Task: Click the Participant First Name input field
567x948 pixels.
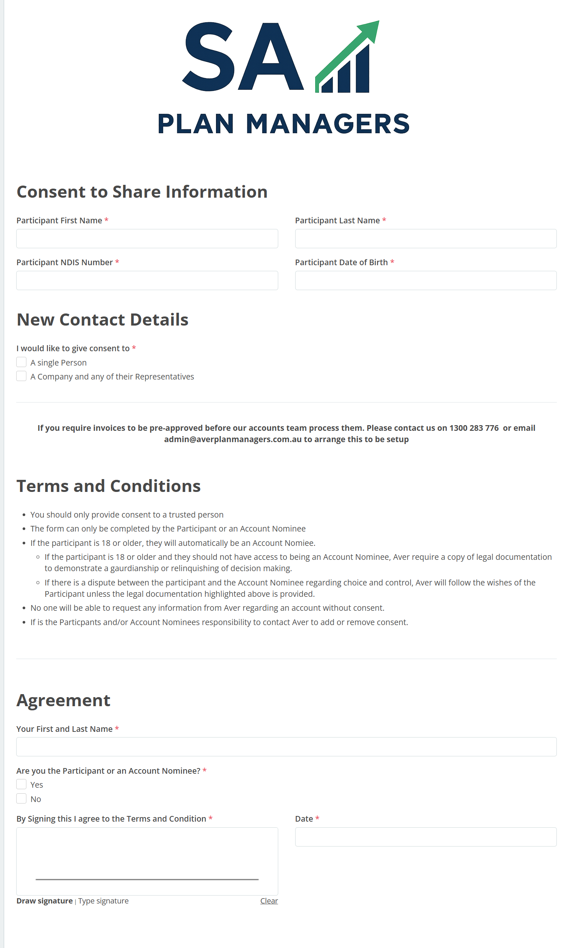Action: [x=147, y=238]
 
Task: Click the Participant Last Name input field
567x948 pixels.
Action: [x=425, y=238]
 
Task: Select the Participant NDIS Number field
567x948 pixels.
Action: [x=147, y=280]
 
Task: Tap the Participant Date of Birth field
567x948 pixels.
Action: [x=425, y=280]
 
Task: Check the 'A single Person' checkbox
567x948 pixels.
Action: [x=21, y=362]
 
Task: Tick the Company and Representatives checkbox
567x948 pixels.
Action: [x=21, y=376]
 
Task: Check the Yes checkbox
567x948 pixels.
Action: [x=21, y=784]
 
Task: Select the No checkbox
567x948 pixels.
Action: [x=21, y=798]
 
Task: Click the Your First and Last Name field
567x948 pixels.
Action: [x=286, y=746]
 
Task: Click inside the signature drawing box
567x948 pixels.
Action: [x=147, y=860]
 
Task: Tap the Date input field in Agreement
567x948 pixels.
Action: [x=425, y=836]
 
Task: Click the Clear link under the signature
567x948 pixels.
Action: [x=269, y=900]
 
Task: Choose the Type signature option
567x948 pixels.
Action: [x=104, y=900]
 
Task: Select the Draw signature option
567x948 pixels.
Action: [x=44, y=900]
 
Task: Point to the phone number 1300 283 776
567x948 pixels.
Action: [x=474, y=428]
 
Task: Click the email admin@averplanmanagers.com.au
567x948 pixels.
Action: [x=233, y=439]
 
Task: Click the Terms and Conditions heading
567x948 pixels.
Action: [x=109, y=486]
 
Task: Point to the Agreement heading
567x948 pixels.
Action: [x=63, y=700]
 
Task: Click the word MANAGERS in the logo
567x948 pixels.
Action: [x=328, y=124]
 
